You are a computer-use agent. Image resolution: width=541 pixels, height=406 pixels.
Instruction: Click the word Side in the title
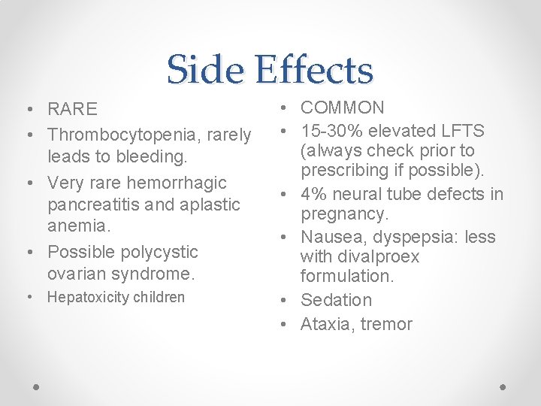[x=207, y=70]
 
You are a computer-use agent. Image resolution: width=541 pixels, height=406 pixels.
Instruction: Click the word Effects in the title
[x=313, y=70]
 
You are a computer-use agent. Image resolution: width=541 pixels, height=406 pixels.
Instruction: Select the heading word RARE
[x=72, y=110]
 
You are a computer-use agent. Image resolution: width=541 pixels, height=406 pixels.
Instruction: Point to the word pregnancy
[x=345, y=215]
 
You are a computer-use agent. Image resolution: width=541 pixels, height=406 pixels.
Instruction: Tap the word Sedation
[x=336, y=300]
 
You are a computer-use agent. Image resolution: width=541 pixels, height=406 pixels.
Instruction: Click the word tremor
[x=386, y=324]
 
